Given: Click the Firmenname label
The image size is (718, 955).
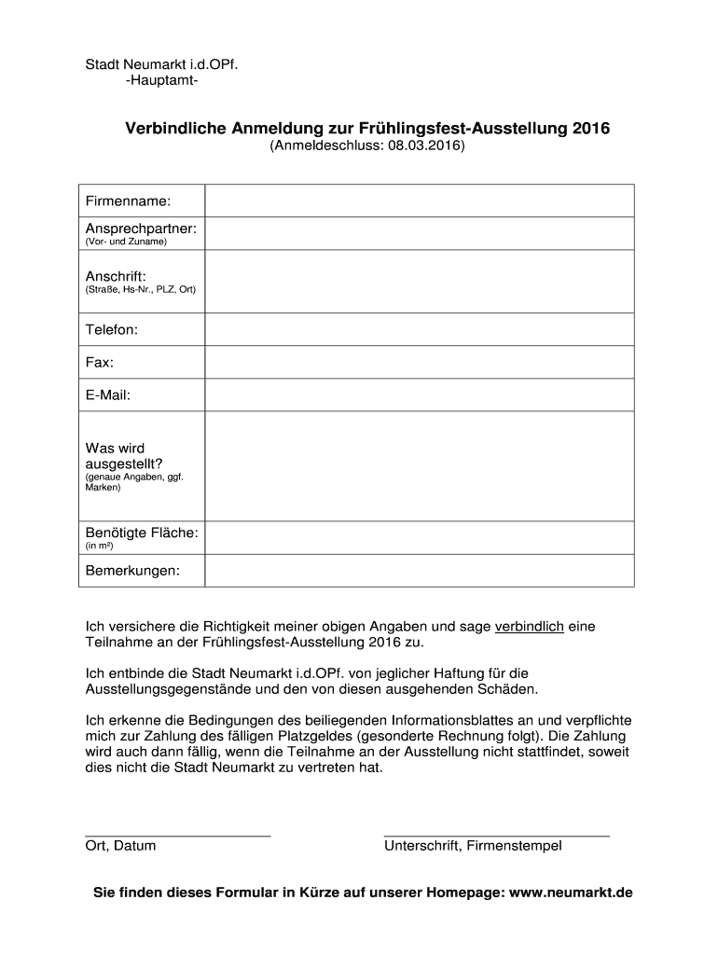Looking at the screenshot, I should pyautogui.click(x=129, y=201).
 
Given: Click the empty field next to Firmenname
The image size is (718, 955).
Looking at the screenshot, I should pyautogui.click(x=420, y=201).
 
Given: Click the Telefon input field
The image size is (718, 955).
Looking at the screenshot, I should pyautogui.click(x=420, y=330).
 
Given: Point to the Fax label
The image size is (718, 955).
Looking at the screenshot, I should pyautogui.click(x=100, y=362).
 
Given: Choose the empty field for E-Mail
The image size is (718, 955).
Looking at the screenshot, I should pyautogui.click(x=420, y=394).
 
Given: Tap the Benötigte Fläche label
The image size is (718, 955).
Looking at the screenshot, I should pyautogui.click(x=142, y=533).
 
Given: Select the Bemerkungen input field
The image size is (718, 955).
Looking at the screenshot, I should pyautogui.click(x=420, y=570).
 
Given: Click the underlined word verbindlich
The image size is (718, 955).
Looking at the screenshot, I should pyautogui.click(x=529, y=627).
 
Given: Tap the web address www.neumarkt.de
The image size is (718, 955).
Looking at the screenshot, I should pyautogui.click(x=571, y=893).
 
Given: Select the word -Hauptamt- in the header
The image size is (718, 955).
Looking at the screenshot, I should pyautogui.click(x=160, y=81).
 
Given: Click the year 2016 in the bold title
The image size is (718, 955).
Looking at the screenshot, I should pyautogui.click(x=589, y=129).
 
